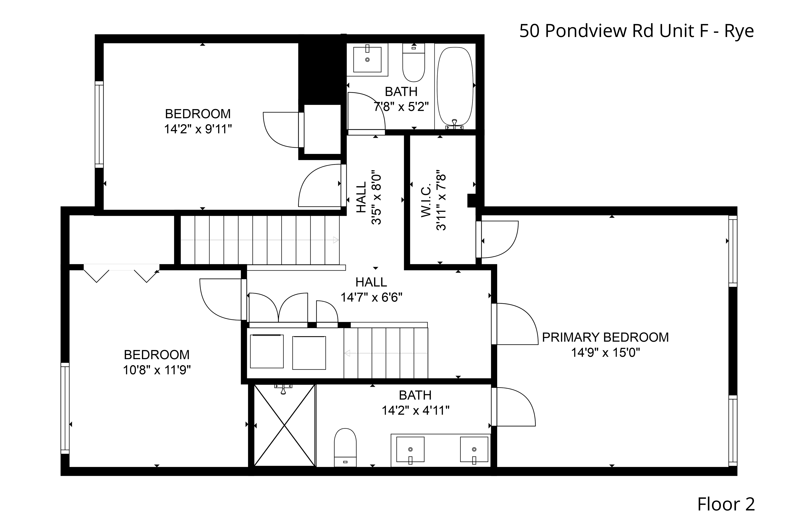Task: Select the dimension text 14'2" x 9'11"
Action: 198,129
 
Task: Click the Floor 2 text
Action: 726,504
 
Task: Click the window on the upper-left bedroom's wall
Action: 99,125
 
